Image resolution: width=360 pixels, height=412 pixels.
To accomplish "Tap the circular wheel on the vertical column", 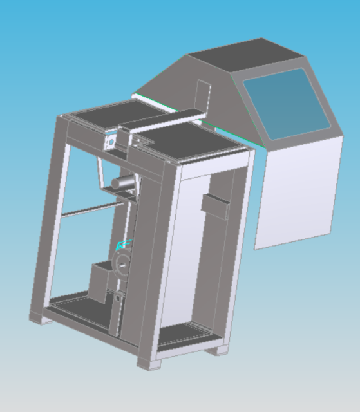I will click(x=122, y=263).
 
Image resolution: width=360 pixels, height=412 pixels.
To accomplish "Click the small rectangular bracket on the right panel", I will click(x=214, y=204).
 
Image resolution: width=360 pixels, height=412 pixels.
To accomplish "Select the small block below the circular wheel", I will click(x=119, y=300).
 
